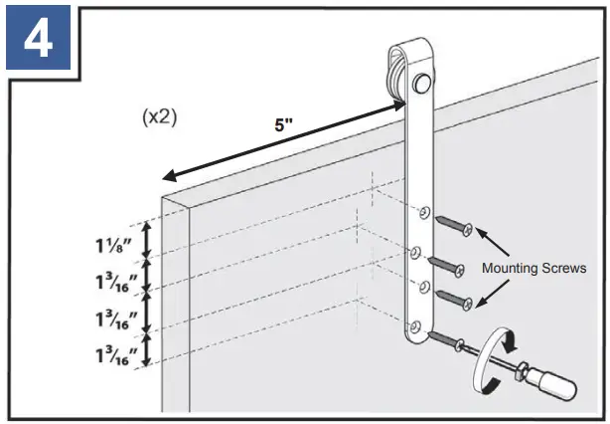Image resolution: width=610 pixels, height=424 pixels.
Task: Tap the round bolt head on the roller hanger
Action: [x=423, y=79]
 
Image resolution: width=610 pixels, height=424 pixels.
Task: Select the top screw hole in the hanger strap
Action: [x=423, y=212]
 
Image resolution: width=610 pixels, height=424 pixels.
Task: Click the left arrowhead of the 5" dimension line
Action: [x=168, y=177]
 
